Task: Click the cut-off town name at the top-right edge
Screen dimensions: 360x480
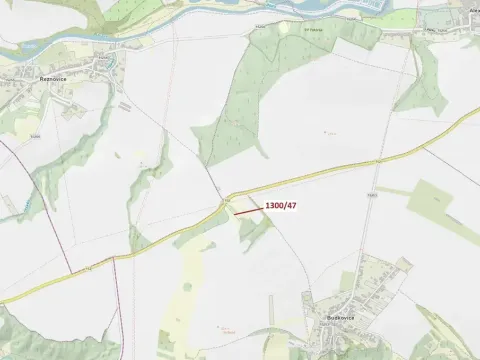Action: pyautogui.click(x=473, y=9)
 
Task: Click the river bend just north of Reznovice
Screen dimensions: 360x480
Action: pyautogui.click(x=100, y=40)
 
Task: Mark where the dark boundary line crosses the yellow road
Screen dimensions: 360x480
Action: pyautogui.click(x=114, y=259)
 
